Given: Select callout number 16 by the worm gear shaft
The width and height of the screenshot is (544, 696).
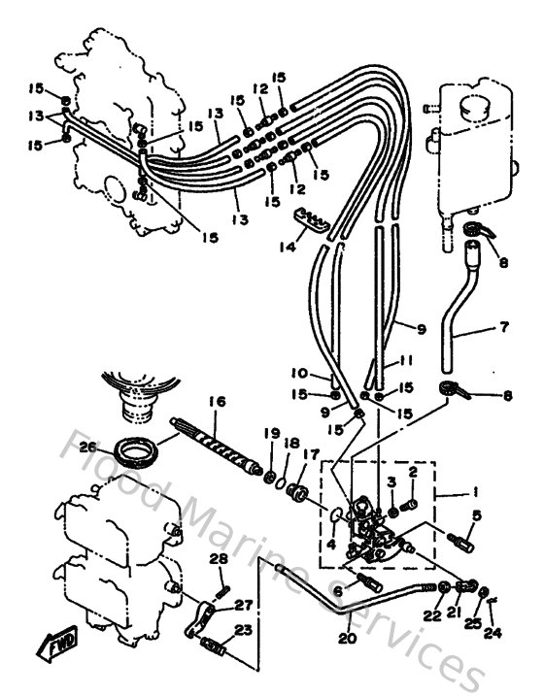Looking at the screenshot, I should click(216, 400).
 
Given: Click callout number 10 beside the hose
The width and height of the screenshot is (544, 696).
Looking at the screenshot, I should click(299, 374).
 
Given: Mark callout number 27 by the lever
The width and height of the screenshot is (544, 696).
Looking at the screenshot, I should click(240, 603).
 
